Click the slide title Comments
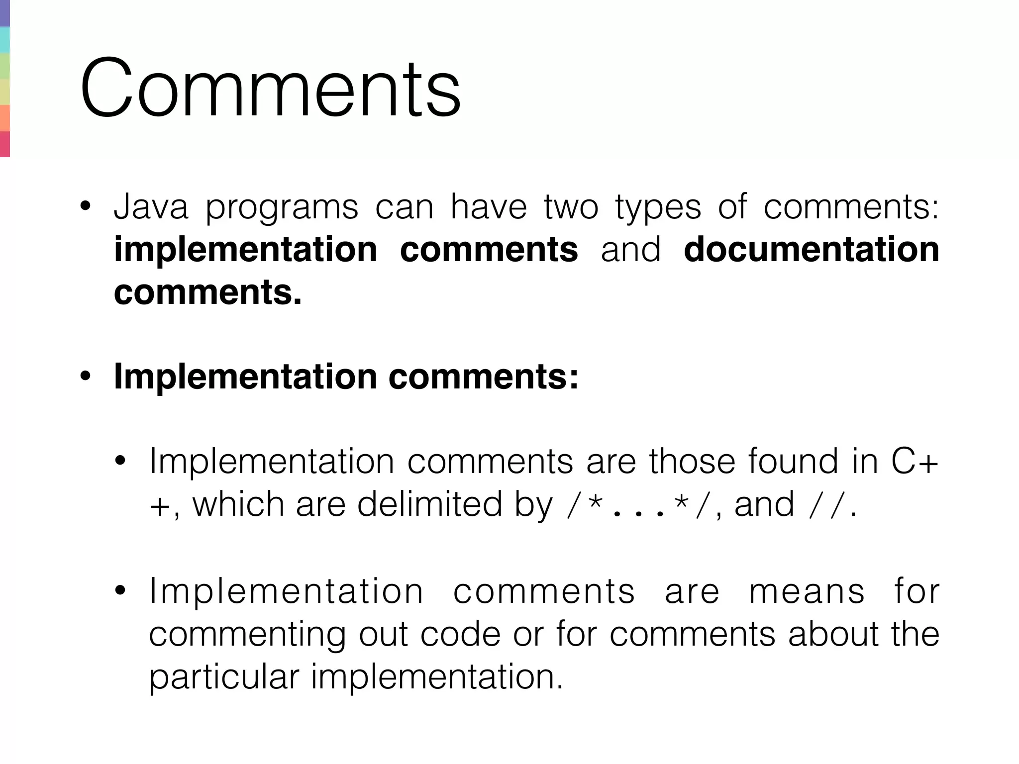[270, 89]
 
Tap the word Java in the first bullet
[151, 207]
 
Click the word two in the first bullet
[571, 207]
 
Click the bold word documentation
[811, 250]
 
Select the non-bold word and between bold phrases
[630, 250]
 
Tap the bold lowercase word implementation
[245, 250]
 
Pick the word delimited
[429, 504]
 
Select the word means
[807, 592]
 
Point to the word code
[460, 635]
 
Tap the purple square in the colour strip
[4, 13]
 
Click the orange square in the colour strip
[4, 118]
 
